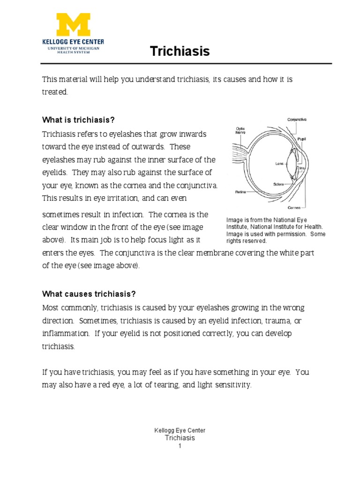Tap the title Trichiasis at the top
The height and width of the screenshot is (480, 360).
tap(180, 51)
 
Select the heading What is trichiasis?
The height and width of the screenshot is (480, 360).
tap(78, 120)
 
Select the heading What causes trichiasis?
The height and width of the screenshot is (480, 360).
tap(89, 294)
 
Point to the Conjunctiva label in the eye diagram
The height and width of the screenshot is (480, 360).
tap(297, 120)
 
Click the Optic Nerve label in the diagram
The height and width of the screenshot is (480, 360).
tap(240, 130)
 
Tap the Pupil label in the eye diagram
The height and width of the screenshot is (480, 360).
tap(302, 139)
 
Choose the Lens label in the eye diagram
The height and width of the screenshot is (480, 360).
tap(280, 164)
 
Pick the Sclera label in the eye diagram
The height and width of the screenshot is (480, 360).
tap(280, 184)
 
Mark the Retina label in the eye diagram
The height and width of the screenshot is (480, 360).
tap(240, 192)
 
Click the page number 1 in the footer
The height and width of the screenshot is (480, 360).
tap(180, 446)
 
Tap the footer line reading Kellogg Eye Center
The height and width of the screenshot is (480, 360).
tap(180, 430)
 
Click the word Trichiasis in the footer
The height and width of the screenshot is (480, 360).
tap(180, 438)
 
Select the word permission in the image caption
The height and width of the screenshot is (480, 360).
tap(290, 234)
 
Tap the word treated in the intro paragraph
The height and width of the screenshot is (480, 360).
tap(55, 92)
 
